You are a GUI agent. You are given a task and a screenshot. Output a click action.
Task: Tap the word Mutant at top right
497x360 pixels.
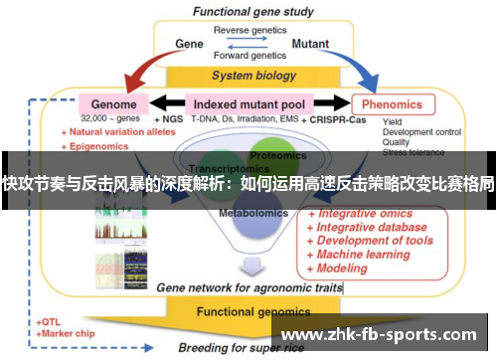pos(310,44)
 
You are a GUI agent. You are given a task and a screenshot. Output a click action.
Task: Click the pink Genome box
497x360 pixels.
pos(114,103)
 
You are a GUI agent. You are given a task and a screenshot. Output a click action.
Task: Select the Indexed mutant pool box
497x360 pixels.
pos(249,103)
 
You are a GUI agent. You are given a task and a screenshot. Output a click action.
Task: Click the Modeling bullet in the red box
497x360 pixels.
pos(341,268)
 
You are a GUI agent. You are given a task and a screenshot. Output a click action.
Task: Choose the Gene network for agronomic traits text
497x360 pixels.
pos(248,287)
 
